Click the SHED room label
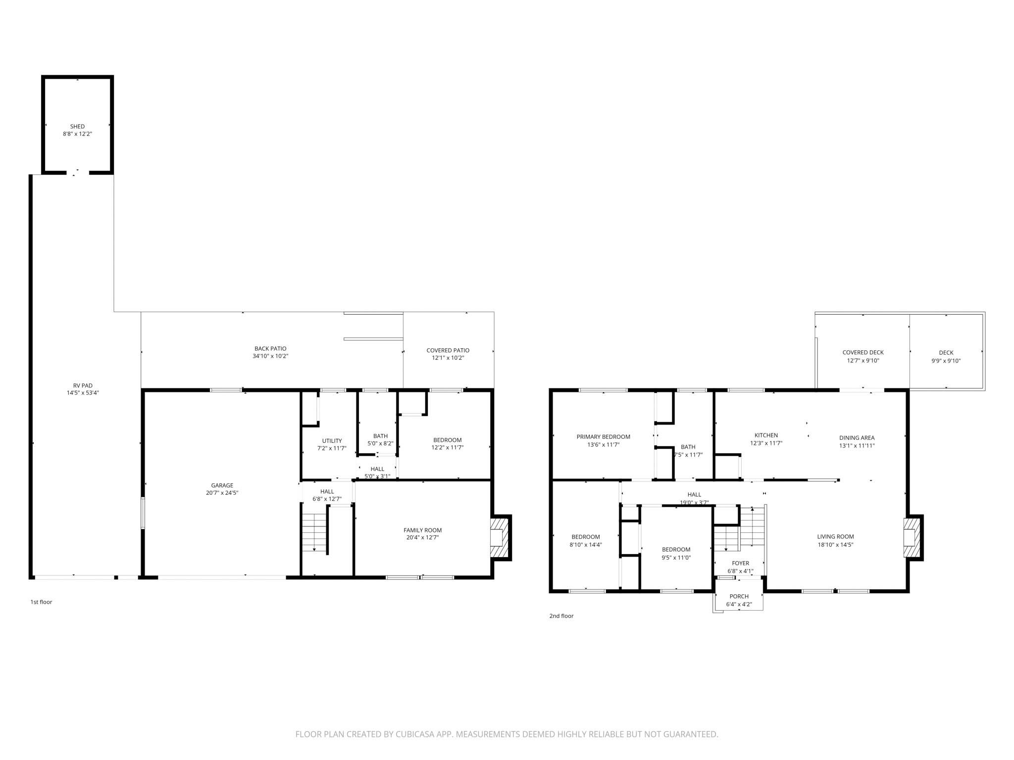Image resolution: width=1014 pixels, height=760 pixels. pos(77,127)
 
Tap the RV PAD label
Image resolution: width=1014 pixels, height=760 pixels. pos(83,385)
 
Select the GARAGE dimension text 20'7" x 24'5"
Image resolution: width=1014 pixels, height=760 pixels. pos(222,493)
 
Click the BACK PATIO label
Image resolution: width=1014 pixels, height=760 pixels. pos(270,349)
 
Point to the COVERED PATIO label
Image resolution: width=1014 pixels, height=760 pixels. pos(448,350)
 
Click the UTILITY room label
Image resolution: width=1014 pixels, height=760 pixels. pos(332,441)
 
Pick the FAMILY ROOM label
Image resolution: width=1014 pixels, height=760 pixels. pos(422,530)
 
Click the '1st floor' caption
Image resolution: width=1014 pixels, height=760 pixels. pos(41,602)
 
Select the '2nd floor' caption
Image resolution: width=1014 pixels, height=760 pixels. pos(561,616)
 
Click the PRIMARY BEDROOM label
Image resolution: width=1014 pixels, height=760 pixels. pos(603,437)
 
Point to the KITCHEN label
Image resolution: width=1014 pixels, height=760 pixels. pos(766,435)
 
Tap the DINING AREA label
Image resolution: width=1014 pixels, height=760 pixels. pos(857,438)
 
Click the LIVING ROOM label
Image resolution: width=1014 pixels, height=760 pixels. pos(835,536)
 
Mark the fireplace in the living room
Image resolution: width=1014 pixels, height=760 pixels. pos(911,537)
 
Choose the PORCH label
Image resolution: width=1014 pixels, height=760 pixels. pos(739,596)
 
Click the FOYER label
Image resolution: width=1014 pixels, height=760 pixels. pos(740,563)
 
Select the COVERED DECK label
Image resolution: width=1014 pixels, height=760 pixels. pos(863,353)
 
